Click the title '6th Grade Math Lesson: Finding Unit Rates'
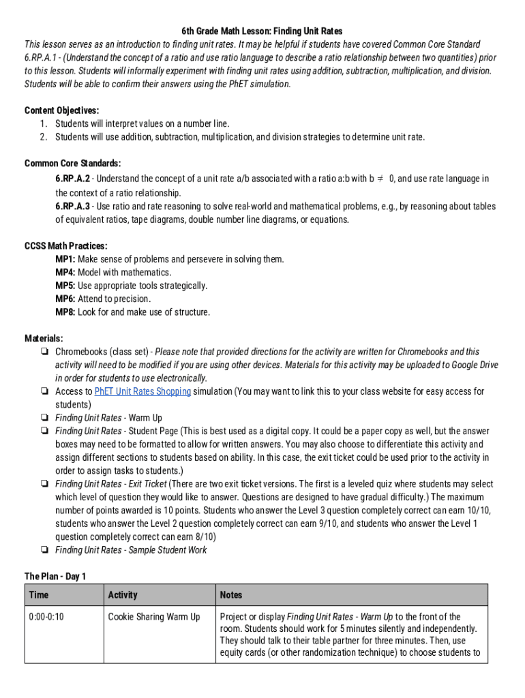262,31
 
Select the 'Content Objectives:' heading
61,110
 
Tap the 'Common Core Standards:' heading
73,164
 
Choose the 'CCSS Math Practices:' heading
65,246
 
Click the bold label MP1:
65,259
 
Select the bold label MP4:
65,273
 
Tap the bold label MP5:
65,286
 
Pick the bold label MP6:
65,299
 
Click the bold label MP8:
65,312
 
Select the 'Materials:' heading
44,339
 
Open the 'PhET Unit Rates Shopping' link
142,391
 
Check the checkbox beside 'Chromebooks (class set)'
44,352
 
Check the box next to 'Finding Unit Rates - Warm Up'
44,418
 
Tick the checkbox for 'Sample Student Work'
44,550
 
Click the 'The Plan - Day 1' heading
55,577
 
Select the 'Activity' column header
123,595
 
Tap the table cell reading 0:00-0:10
46,617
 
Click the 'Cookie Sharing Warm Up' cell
154,617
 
